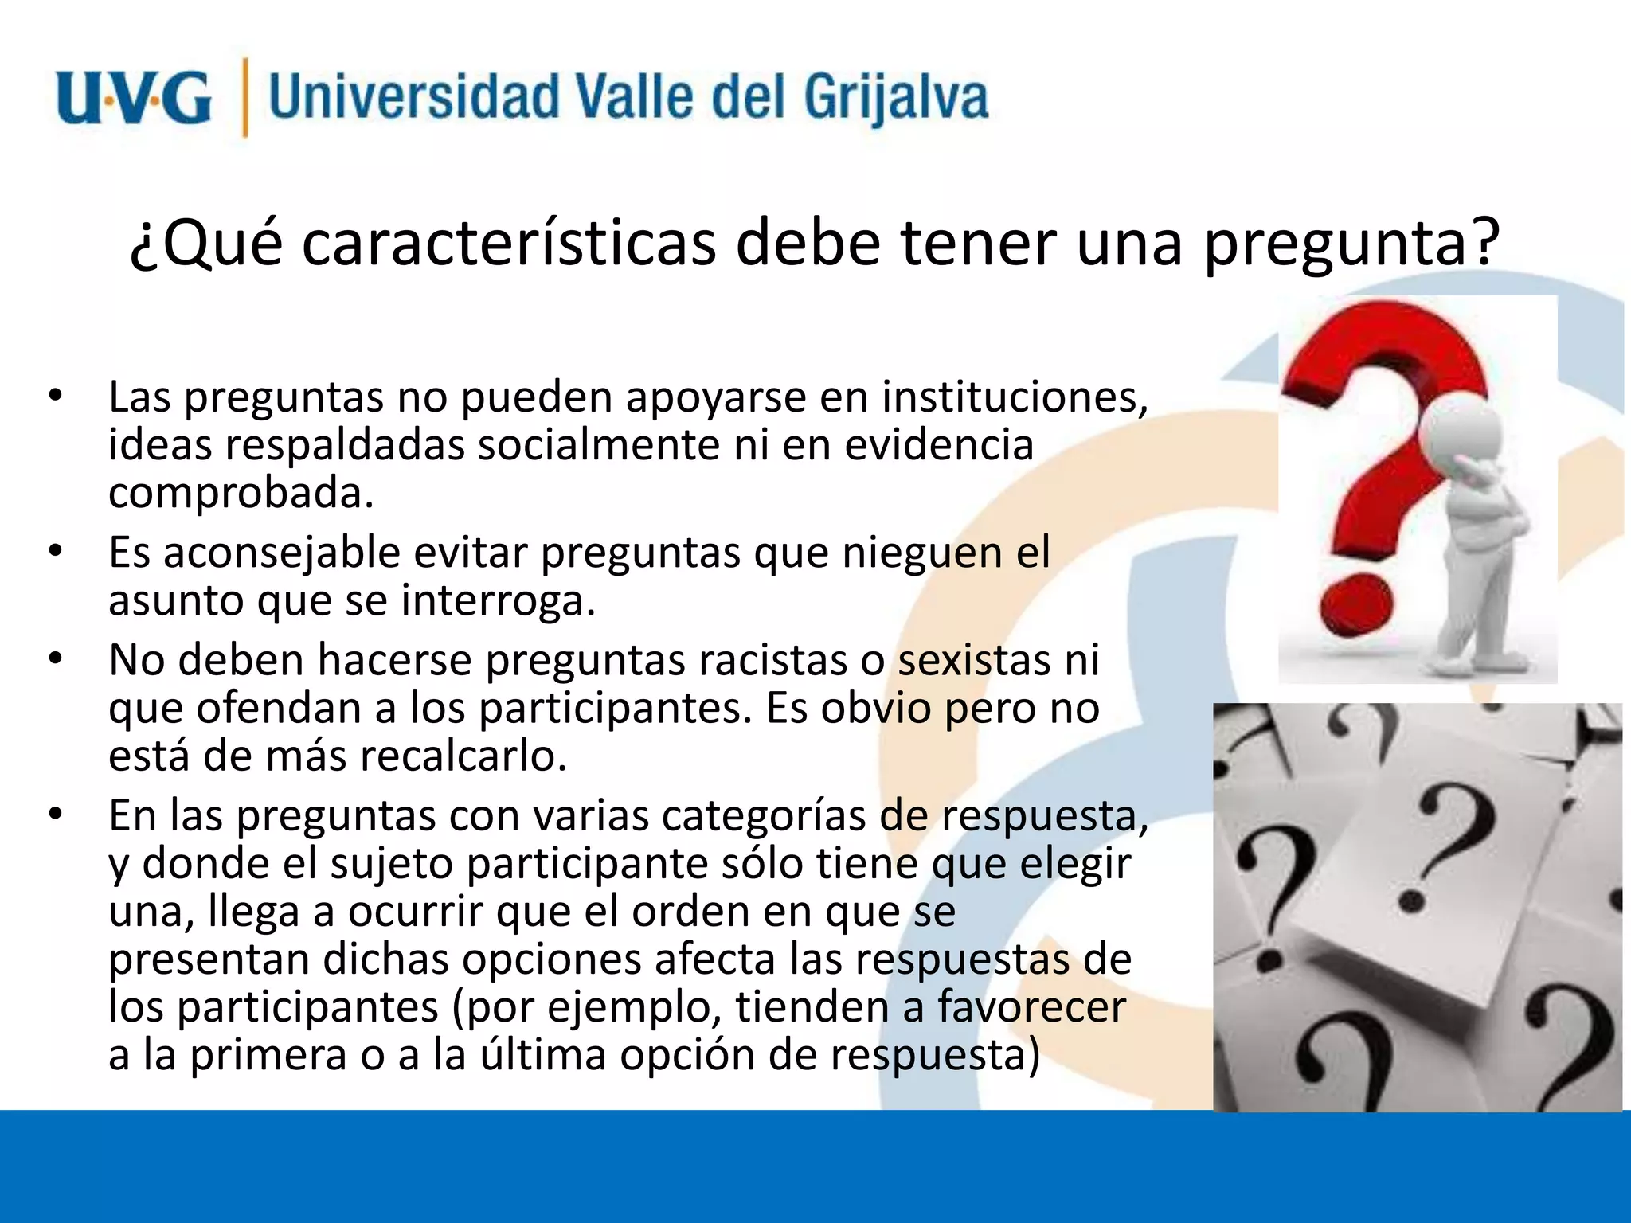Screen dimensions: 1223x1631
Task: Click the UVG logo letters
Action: (x=134, y=98)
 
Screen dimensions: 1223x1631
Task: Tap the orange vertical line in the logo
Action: (x=244, y=97)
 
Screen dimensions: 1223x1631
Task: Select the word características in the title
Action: (x=509, y=243)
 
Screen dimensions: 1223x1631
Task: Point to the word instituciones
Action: (x=1015, y=397)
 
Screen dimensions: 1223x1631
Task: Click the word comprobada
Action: (x=241, y=493)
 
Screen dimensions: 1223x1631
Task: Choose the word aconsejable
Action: (x=282, y=553)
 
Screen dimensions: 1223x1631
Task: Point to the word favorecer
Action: (x=1031, y=1007)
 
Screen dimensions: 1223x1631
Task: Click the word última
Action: (x=542, y=1055)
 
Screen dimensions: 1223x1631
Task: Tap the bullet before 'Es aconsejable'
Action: (x=54, y=551)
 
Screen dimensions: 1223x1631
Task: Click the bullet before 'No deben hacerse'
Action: (x=54, y=658)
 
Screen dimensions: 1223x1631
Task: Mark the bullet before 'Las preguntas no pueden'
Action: (x=54, y=396)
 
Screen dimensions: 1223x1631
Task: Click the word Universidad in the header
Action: (x=415, y=97)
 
